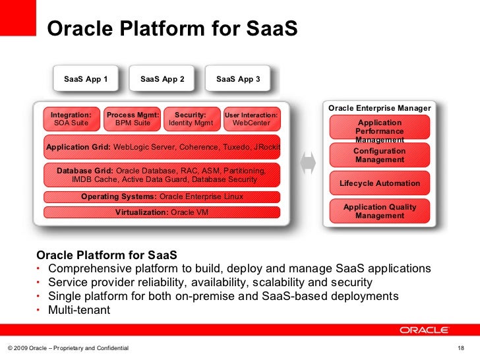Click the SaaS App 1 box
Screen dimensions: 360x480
(x=85, y=80)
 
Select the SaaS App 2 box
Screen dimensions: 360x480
(x=162, y=80)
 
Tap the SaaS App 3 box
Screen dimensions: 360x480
(x=238, y=80)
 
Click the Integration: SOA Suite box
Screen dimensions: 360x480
(x=71, y=119)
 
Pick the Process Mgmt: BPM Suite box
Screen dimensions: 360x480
(x=133, y=119)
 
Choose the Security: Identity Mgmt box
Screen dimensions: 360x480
(x=191, y=119)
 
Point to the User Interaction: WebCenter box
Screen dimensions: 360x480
(x=251, y=119)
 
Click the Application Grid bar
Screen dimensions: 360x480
(x=162, y=147)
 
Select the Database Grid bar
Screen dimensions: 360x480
(x=162, y=175)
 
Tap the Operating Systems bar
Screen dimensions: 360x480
(x=162, y=196)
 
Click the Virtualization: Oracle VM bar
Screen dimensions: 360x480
(x=162, y=212)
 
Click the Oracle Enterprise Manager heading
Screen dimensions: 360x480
(x=379, y=108)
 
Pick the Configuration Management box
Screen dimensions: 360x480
(x=379, y=155)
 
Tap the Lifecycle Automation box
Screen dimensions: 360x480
(x=379, y=183)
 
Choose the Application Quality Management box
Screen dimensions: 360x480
(x=379, y=211)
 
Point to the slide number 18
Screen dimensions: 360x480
(x=460, y=347)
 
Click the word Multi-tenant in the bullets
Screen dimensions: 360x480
(x=79, y=310)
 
